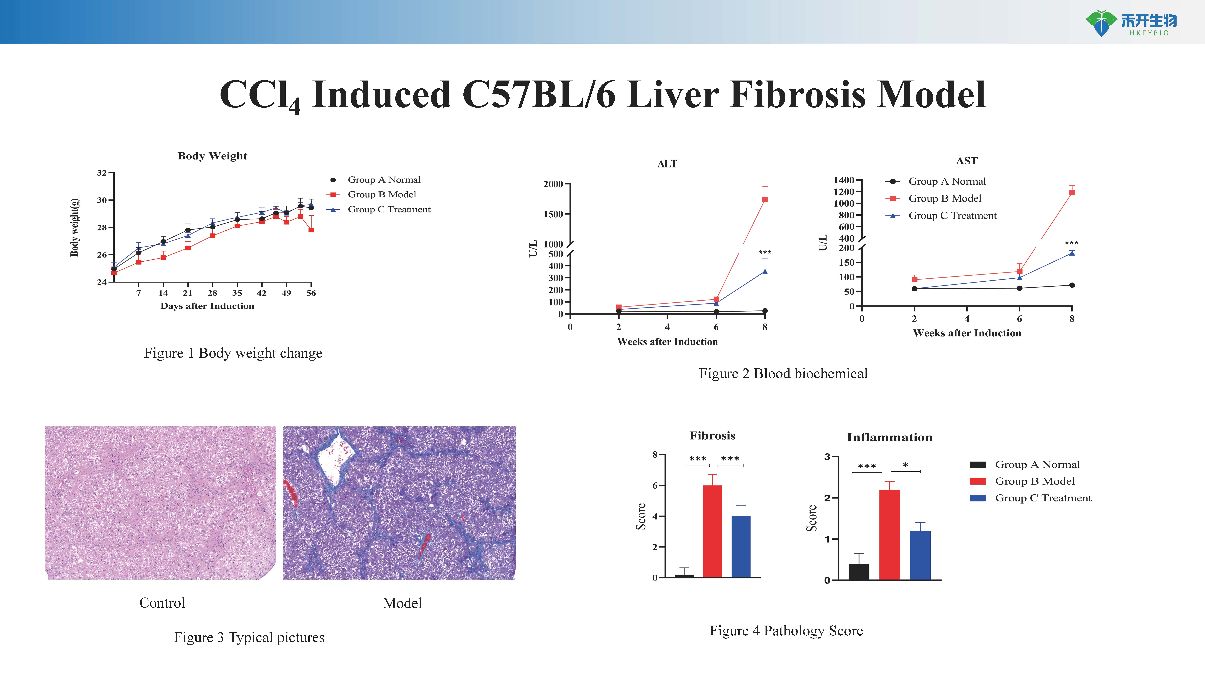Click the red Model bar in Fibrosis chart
click(712, 532)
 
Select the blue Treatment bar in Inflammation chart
click(920, 555)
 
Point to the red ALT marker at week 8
click(765, 199)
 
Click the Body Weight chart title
click(212, 156)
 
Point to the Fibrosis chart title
click(712, 436)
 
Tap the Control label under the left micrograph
click(162, 603)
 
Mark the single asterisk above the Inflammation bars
click(906, 465)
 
